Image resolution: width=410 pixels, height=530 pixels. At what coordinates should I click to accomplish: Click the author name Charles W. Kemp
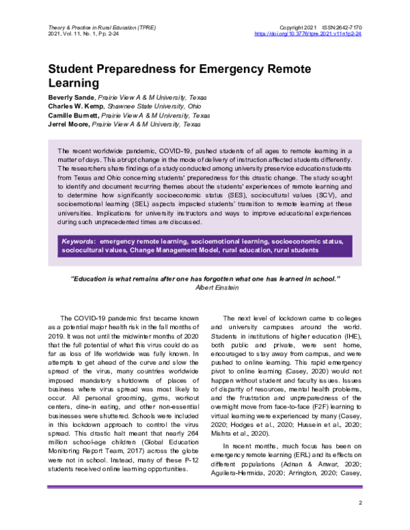[76, 107]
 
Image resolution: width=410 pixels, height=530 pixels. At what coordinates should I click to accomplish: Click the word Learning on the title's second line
[73, 83]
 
